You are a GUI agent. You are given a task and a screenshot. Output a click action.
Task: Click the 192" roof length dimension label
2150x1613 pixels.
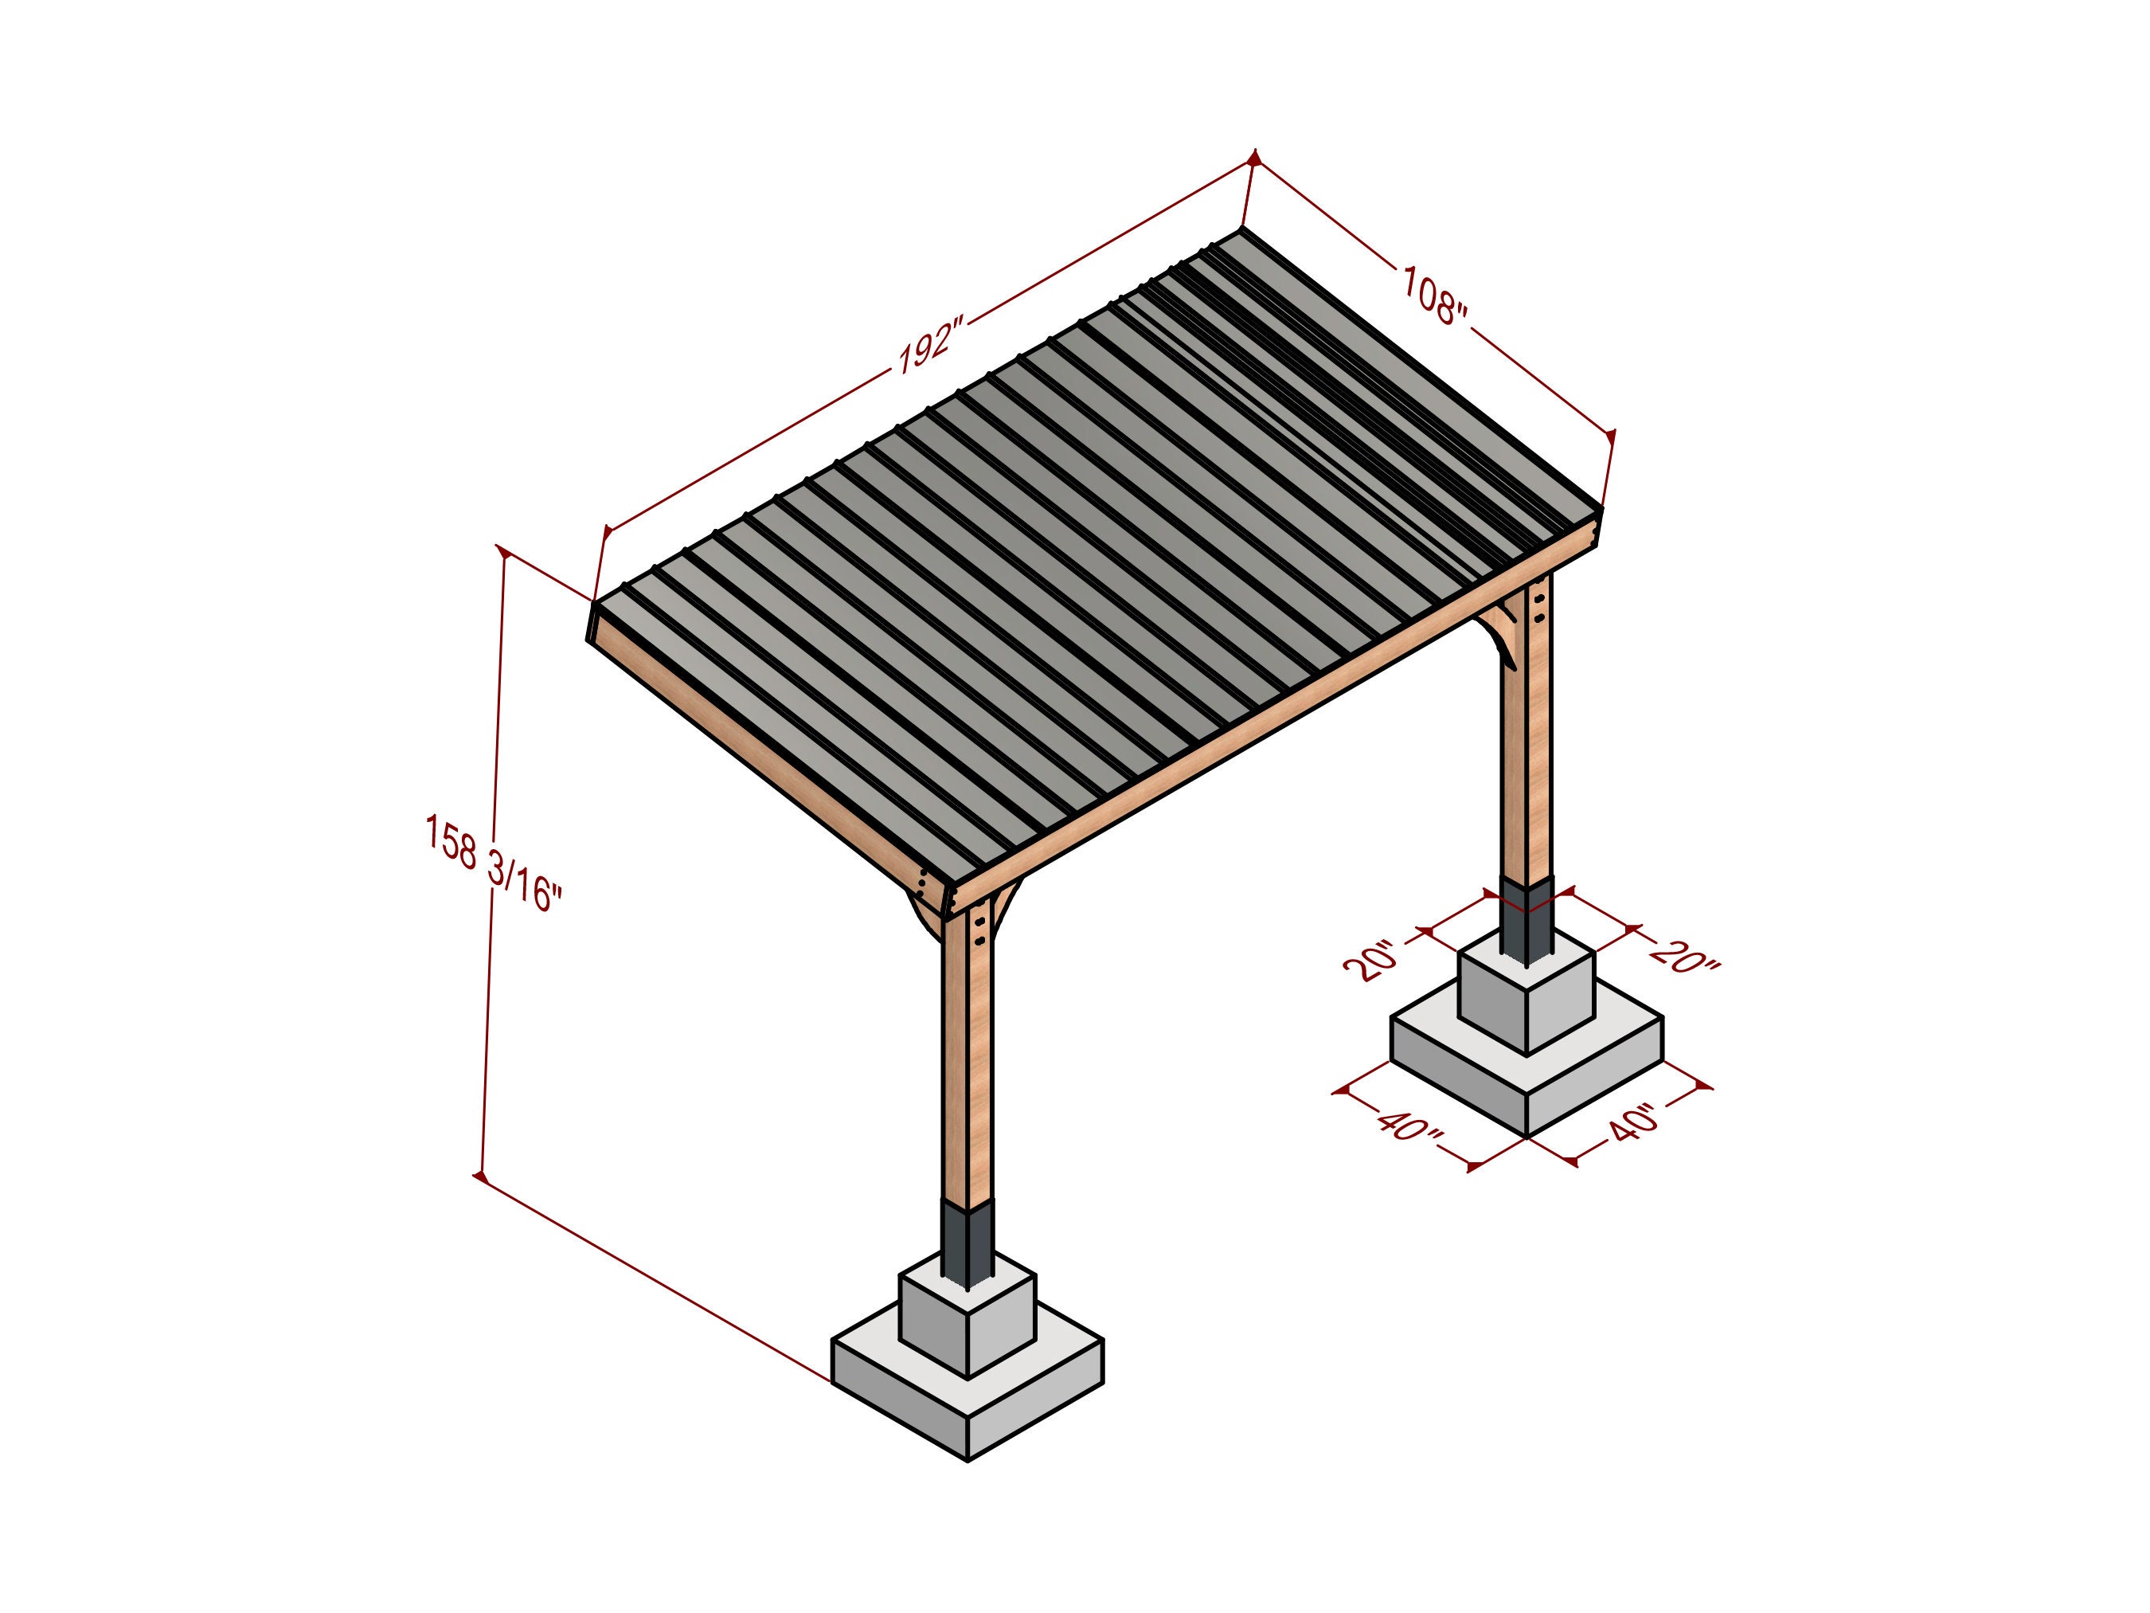[928, 344]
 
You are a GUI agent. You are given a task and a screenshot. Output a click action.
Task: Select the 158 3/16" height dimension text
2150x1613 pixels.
[493, 863]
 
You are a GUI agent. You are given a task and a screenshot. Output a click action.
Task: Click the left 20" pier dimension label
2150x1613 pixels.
[1373, 961]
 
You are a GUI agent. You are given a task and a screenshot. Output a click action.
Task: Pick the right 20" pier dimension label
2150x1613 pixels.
[1684, 957]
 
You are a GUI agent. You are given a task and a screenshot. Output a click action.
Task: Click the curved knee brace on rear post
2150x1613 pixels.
[1502, 637]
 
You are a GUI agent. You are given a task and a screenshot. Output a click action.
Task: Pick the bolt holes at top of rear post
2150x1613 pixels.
[1538, 607]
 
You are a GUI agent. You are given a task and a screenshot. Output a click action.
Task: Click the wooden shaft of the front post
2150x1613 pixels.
[968, 1070]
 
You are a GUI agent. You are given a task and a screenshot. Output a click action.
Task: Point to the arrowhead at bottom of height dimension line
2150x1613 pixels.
[480, 1176]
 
